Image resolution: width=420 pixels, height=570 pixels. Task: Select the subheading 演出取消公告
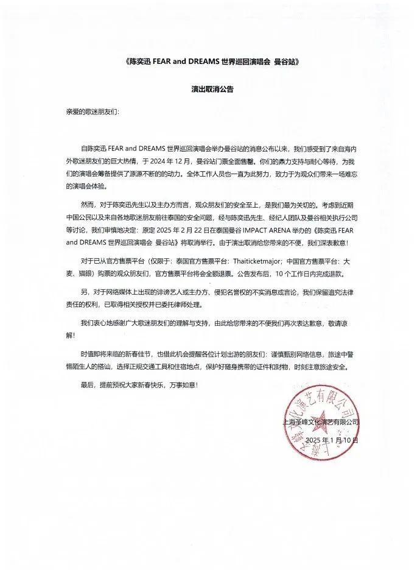pyautogui.click(x=210, y=88)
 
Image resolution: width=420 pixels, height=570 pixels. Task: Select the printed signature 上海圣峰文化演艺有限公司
pyautogui.click(x=320, y=421)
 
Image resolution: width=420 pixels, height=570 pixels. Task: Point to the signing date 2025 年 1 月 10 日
pyautogui.click(x=332, y=440)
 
